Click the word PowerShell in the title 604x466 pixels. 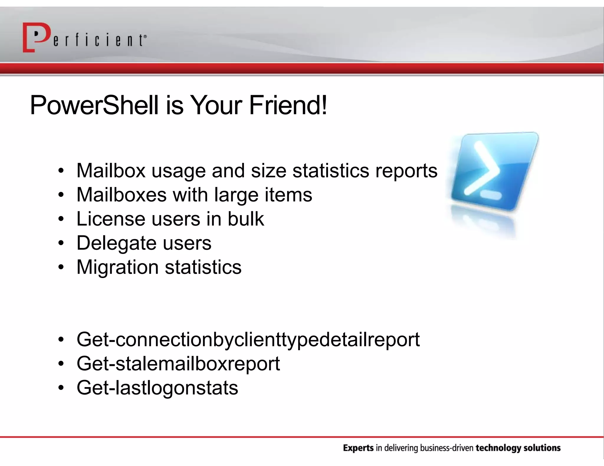pos(94,105)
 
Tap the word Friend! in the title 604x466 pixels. pos(288,105)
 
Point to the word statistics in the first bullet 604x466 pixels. pos(331,171)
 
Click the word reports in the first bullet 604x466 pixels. pos(406,171)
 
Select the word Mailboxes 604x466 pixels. pos(121,195)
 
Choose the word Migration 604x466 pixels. pos(117,267)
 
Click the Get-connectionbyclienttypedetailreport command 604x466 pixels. pos(248,340)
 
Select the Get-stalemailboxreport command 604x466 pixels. pos(178,364)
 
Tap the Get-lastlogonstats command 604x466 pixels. pos(157,388)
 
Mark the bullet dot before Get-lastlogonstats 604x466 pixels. pos(61,388)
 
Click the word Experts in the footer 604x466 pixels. pos(358,448)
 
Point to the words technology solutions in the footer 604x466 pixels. pos(518,448)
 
